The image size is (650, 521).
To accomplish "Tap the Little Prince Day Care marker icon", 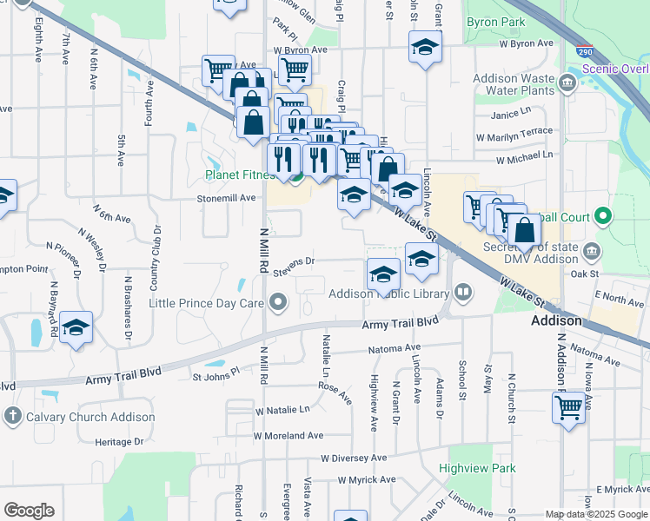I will point(278,303).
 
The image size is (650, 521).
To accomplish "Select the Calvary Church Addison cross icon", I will point(12,417).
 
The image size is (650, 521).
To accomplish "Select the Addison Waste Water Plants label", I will point(514,84).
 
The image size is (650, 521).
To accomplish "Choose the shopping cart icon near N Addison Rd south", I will point(568,406).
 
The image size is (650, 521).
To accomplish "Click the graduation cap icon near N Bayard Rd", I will point(76,326).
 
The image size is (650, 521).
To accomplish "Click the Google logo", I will point(29,511).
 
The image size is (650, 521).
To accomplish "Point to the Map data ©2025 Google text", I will point(596,514).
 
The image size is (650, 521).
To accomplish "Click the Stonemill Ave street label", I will point(230,198).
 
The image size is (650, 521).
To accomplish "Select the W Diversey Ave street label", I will point(354,458).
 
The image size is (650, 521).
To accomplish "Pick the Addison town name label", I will point(556,320).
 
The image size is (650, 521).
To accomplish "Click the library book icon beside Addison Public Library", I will point(463,292).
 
